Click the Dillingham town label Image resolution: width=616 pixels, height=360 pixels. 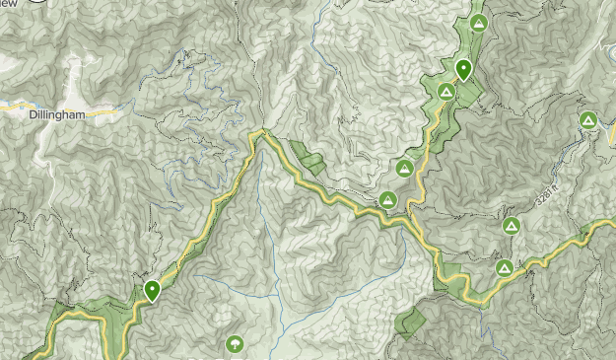57,114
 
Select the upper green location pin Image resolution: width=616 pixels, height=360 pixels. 463,70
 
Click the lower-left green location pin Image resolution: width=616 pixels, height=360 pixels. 152,291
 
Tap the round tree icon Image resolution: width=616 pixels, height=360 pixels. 235,344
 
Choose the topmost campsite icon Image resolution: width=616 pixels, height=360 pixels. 479,23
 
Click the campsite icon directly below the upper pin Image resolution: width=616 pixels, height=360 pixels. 445,92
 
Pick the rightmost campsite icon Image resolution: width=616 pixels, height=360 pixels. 587,121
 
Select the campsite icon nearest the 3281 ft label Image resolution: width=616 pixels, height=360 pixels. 511,226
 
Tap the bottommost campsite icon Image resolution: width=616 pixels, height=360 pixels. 504,267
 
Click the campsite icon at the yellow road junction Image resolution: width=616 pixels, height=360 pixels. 388,200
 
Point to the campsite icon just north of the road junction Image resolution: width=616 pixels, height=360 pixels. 404,169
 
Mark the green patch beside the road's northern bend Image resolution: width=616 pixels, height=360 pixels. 307,158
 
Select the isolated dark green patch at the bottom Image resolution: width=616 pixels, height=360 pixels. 409,322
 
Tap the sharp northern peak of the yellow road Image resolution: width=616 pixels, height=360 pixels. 262,132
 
